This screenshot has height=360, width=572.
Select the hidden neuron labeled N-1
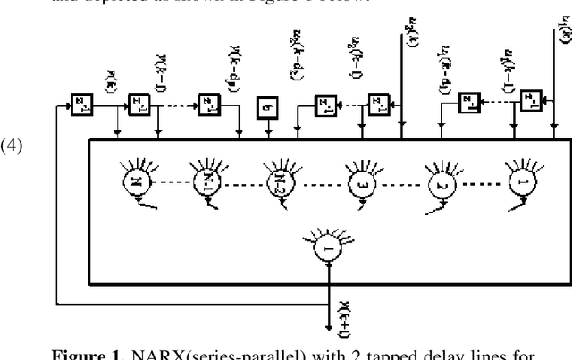[x=206, y=185]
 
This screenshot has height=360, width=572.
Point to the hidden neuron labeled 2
[x=440, y=185]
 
